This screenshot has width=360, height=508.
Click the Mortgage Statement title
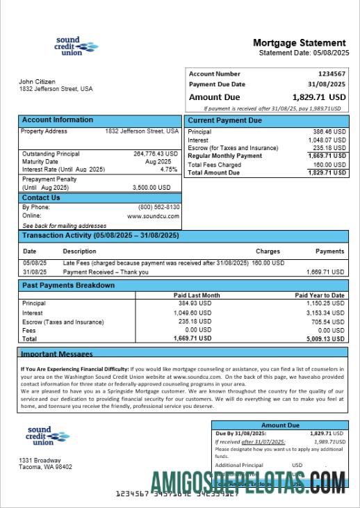[x=299, y=43]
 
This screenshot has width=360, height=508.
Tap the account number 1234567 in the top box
[x=332, y=74]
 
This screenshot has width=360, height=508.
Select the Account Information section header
[x=57, y=120]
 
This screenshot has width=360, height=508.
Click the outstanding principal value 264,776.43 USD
[x=151, y=154]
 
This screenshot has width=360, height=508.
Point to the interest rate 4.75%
[x=169, y=170]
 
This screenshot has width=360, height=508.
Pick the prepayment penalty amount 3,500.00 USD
[x=152, y=188]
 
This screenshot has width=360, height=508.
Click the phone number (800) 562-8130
[x=159, y=207]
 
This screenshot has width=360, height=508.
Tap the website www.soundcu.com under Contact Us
[x=154, y=216]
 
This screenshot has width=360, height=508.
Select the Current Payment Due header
[x=224, y=121]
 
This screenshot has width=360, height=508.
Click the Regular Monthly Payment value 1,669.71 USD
[x=329, y=156]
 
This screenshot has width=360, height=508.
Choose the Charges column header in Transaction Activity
[x=268, y=252]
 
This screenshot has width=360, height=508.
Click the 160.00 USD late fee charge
[x=268, y=263]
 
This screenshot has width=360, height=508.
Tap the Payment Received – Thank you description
[x=106, y=272]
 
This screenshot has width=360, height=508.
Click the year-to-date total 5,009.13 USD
[x=325, y=338]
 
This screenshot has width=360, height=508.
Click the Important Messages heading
[x=56, y=354]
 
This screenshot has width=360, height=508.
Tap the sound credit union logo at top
[x=75, y=46]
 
